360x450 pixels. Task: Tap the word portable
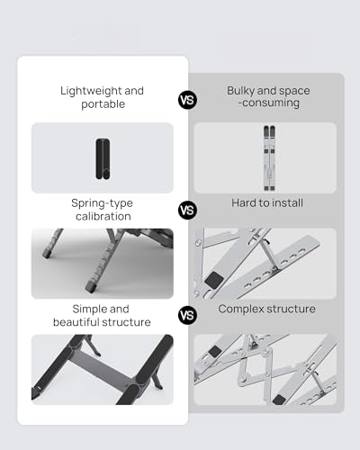tap(103, 104)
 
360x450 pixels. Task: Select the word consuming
tap(271, 103)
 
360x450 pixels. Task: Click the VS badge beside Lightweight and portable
tap(187, 100)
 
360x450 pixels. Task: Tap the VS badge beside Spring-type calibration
tap(187, 210)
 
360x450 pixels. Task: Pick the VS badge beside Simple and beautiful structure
tap(187, 315)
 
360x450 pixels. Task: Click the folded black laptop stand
tap(103, 159)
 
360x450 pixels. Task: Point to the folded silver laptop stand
tap(269, 158)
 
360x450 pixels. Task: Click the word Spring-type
tap(102, 203)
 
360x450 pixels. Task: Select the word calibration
tap(103, 216)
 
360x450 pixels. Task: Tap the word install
tap(286, 203)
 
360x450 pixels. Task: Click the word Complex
tap(241, 310)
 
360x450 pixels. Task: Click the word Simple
tap(86, 309)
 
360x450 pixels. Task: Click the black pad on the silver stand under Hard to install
tap(214, 280)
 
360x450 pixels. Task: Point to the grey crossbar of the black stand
tap(102, 369)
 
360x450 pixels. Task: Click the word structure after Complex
tap(291, 309)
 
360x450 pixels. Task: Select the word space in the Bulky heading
tap(296, 91)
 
